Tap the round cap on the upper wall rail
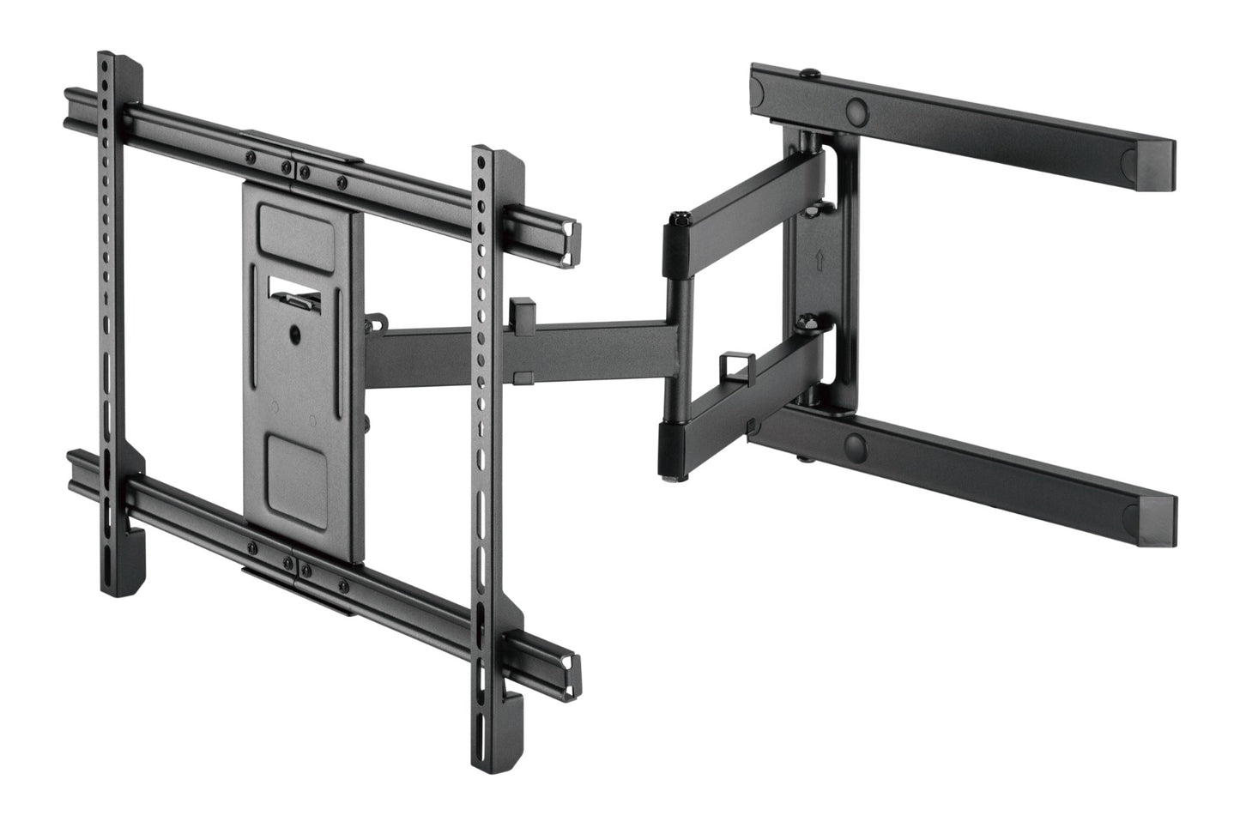(856, 111)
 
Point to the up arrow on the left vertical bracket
(106, 298)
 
